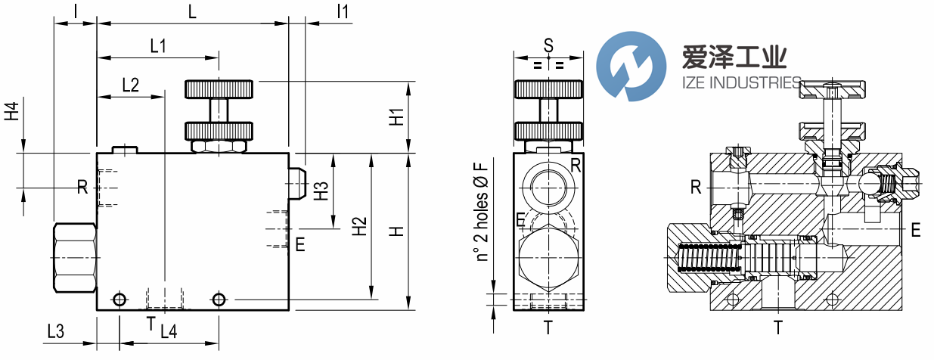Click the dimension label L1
[x=158, y=46]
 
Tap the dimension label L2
[x=130, y=85]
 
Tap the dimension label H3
[x=321, y=191]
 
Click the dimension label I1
[x=342, y=11]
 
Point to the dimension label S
[x=548, y=45]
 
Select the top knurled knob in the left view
[x=219, y=89]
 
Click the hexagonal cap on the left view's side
[x=76, y=257]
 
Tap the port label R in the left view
[x=82, y=186]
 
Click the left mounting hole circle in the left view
[x=119, y=300]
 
